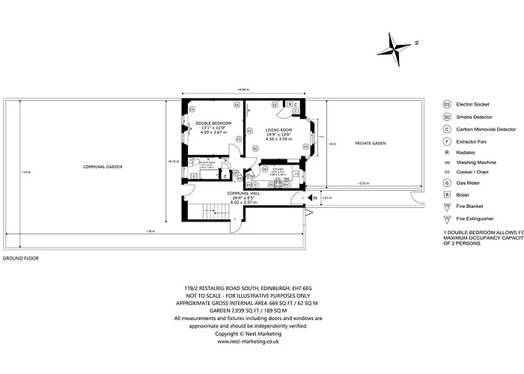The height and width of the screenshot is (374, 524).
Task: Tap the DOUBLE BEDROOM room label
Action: coord(213,123)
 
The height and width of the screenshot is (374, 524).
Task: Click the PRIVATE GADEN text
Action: coord(371,143)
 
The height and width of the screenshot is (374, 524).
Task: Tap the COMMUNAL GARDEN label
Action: coord(103,166)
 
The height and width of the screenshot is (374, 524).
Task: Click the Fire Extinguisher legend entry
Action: coord(486,218)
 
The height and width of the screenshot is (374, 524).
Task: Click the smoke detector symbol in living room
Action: coord(255,149)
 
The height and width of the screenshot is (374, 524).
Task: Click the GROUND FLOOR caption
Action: coord(20,258)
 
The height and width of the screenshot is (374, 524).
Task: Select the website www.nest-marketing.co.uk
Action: coord(249,341)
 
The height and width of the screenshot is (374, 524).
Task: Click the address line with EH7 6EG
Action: coord(249,286)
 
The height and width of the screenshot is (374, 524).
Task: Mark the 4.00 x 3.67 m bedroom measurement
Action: coord(213,133)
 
